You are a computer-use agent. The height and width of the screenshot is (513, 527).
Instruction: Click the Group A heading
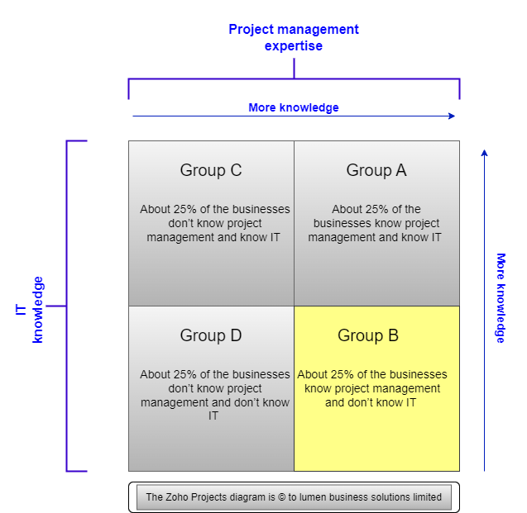point(376,170)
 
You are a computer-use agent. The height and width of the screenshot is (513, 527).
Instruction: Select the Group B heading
point(368,335)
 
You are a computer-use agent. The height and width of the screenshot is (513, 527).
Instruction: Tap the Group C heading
point(211,170)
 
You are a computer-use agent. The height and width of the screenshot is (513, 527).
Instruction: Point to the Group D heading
point(211,335)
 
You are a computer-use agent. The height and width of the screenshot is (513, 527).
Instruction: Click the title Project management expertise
point(294,37)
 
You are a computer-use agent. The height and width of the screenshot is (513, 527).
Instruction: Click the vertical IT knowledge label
point(29,309)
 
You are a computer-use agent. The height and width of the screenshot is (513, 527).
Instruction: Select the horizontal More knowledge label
point(294,107)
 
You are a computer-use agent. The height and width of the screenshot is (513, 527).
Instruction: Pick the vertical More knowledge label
point(501,298)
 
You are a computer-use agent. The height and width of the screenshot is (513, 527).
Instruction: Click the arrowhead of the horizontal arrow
point(452,116)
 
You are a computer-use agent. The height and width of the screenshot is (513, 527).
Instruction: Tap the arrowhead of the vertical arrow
point(484,153)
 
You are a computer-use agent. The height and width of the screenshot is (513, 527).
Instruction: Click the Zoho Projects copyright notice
point(294,497)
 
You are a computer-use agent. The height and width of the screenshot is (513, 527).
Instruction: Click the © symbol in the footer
point(282,497)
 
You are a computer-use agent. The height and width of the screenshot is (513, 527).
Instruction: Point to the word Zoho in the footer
point(177,497)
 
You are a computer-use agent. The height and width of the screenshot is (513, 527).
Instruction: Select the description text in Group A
point(375,223)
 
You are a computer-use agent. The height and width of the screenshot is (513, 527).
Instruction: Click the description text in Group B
point(372,388)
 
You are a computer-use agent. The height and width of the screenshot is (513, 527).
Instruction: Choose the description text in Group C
point(215,223)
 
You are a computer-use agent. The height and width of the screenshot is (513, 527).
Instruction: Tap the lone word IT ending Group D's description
point(213,416)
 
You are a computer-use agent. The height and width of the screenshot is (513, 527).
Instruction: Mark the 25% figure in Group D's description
point(184,374)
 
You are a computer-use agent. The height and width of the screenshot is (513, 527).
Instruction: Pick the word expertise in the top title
point(294,46)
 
